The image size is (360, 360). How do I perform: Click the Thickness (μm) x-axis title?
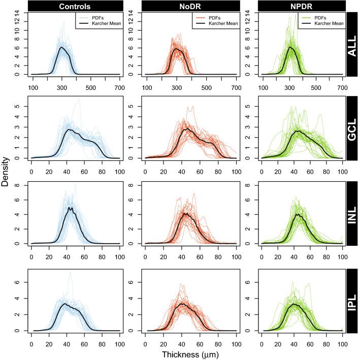point(185,352)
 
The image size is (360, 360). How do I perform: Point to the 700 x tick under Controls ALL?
point(119,87)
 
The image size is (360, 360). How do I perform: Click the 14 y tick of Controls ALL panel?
point(17,14)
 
